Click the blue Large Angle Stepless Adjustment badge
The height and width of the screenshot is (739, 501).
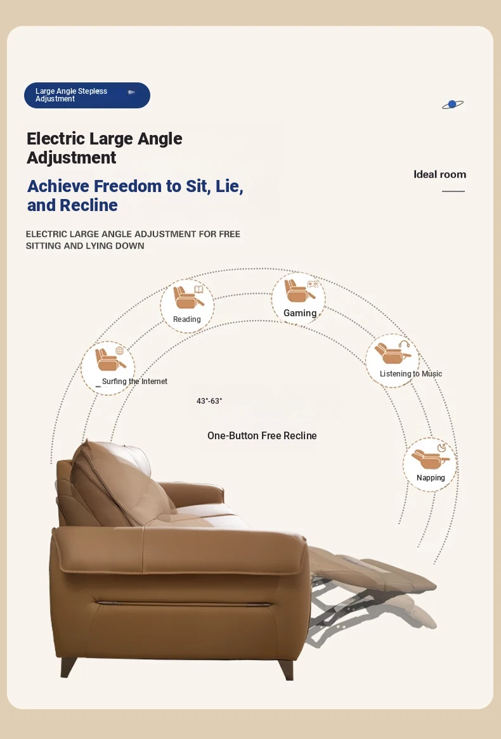(x=88, y=95)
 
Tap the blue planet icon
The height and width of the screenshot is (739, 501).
(x=452, y=104)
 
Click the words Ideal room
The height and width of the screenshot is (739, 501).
(x=439, y=174)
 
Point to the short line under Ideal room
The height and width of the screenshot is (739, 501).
(x=453, y=191)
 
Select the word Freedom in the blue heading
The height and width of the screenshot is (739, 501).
(x=127, y=186)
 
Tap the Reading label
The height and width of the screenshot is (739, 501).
(x=187, y=319)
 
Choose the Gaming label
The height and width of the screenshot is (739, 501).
(x=300, y=313)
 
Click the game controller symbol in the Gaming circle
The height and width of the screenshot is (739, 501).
(x=313, y=284)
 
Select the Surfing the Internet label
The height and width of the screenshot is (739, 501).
(x=134, y=382)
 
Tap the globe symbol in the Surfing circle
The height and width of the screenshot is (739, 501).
(x=120, y=350)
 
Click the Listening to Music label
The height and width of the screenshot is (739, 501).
(x=411, y=374)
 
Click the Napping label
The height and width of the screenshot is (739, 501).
(x=431, y=477)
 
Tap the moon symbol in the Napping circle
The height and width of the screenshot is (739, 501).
(x=442, y=447)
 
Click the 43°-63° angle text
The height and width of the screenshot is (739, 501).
(x=209, y=401)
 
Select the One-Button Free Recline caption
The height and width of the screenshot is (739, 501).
(x=262, y=435)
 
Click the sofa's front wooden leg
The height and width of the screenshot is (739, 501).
(x=286, y=670)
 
